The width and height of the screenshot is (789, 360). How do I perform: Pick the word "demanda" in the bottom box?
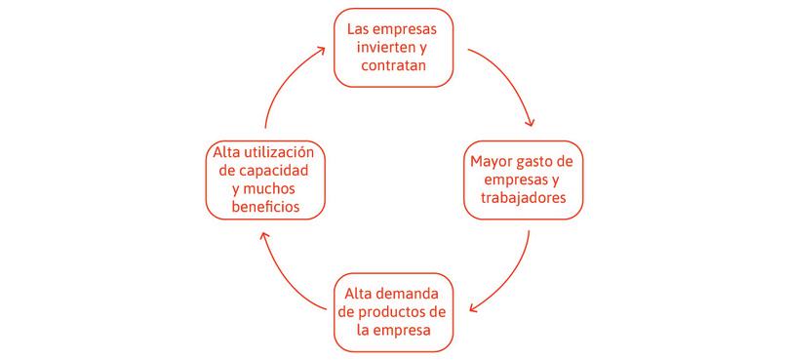point(412,292)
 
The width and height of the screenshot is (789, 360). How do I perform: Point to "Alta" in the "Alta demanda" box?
point(361,292)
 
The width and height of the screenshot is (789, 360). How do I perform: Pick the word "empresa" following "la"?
point(403,330)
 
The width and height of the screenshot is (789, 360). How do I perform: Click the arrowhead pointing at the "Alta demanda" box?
point(472,310)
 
